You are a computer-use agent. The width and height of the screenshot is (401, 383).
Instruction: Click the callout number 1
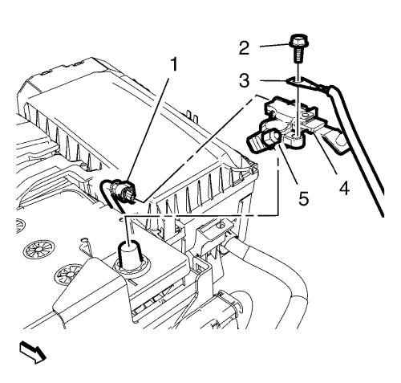tap(174, 65)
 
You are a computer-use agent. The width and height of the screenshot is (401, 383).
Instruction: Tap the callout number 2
tap(244, 48)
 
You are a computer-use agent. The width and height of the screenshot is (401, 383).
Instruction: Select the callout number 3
tap(244, 80)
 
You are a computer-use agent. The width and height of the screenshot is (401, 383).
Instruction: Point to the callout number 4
tap(344, 188)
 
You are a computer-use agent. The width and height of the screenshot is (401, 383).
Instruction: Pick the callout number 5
tap(303, 199)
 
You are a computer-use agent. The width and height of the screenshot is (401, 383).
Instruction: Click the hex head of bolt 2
tap(298, 43)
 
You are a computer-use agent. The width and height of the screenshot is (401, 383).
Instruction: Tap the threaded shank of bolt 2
tap(298, 56)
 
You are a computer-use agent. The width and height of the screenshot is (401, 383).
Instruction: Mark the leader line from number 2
tap(275, 46)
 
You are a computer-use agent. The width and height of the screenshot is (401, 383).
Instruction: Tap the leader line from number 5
tap(290, 167)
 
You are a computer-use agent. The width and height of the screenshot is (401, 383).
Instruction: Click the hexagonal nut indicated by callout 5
tap(271, 139)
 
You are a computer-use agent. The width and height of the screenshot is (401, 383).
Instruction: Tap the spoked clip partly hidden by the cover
tap(67, 275)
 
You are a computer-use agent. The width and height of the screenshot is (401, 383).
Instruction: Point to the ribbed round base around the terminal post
tap(131, 267)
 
